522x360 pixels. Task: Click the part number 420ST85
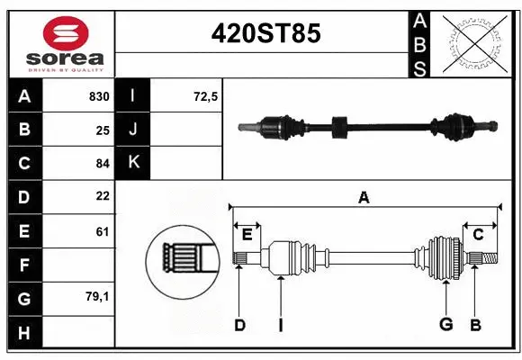coord(265,34)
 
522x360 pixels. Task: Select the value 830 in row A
coord(98,95)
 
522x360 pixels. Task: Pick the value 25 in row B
coord(102,130)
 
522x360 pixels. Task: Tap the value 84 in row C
coord(102,164)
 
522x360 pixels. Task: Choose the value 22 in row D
coord(102,196)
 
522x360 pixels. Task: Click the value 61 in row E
coord(102,230)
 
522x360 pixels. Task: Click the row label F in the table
coord(24,265)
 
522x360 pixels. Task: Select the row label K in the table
coord(133,163)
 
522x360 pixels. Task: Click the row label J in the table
coord(133,130)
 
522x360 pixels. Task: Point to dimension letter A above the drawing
coord(364,196)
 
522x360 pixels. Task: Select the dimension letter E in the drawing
coord(247,236)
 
